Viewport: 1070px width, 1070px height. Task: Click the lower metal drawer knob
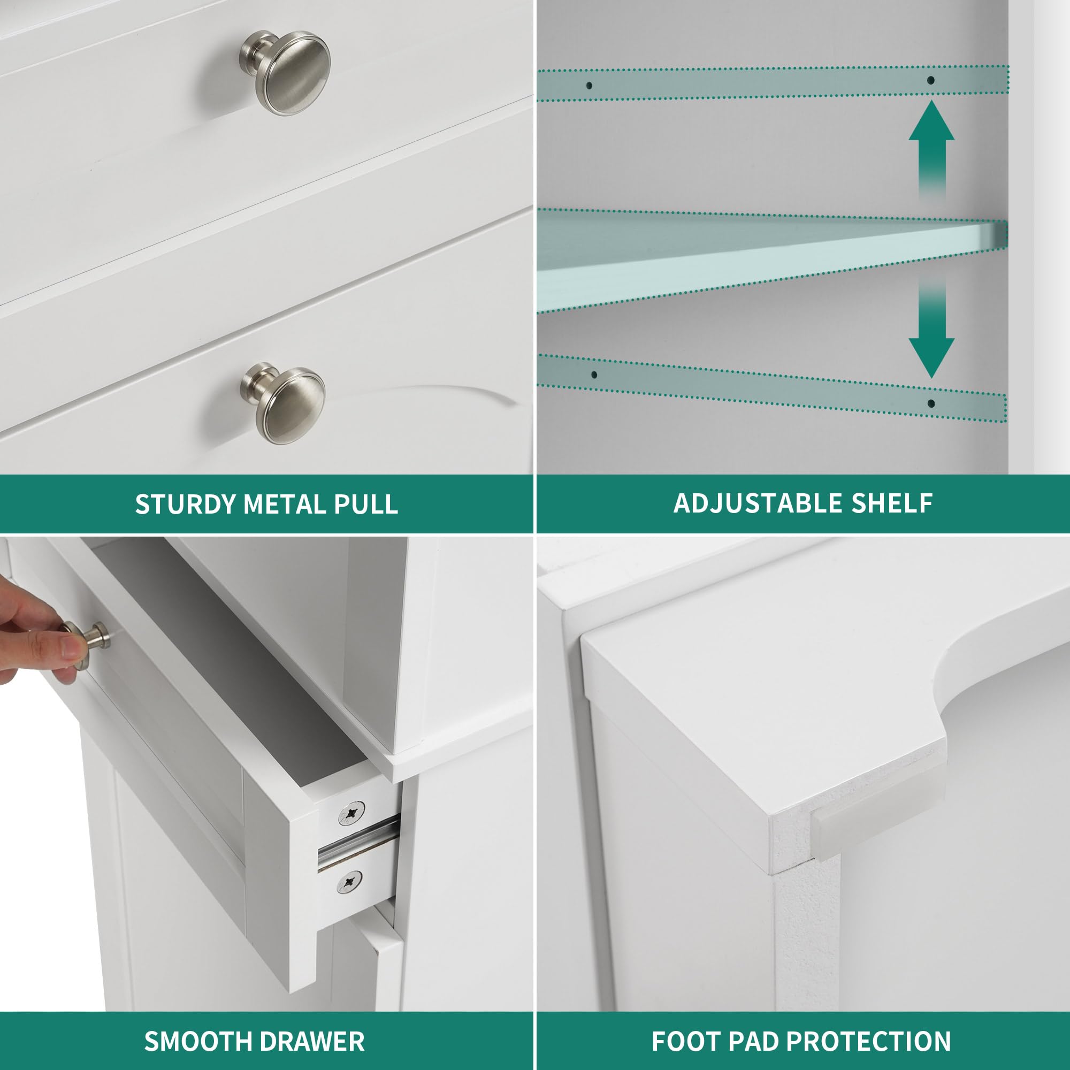tap(283, 403)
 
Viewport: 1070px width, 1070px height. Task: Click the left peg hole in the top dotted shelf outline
tap(589, 86)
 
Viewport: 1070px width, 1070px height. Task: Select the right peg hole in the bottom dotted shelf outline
tap(931, 403)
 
